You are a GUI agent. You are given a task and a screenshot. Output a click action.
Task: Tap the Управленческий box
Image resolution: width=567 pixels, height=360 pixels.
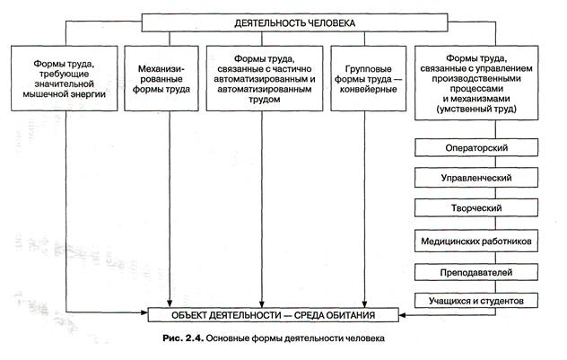478,179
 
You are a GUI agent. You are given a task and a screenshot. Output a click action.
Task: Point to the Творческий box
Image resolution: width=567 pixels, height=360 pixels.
478,209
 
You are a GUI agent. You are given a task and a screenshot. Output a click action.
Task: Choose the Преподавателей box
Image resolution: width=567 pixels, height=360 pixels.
478,270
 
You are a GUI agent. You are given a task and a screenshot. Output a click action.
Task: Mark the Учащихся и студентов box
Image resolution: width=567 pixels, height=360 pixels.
478,300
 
